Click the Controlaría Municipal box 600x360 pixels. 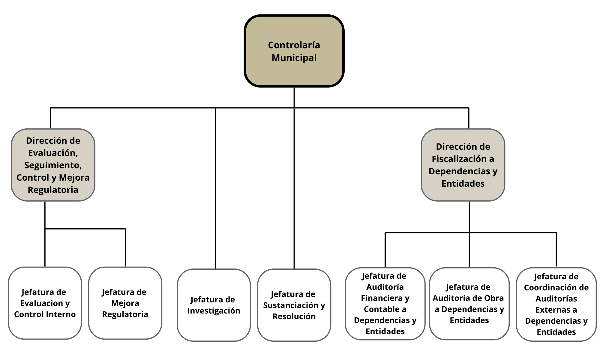[x=294, y=51]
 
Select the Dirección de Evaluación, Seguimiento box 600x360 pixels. [x=53, y=165]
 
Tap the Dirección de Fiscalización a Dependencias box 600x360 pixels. [x=463, y=165]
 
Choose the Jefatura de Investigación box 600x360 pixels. [x=214, y=305]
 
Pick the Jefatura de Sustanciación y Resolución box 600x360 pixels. [x=294, y=305]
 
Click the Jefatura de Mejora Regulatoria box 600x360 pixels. [x=125, y=303]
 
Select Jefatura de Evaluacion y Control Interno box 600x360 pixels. [x=45, y=303]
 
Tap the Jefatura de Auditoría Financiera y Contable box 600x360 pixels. [x=385, y=304]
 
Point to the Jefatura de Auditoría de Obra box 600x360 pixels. [x=469, y=304]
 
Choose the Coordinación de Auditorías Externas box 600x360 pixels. [x=556, y=304]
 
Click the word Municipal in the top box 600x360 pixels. [x=294, y=58]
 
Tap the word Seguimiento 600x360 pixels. [x=52, y=165]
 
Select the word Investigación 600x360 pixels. [x=214, y=311]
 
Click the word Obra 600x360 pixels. [x=495, y=298]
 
